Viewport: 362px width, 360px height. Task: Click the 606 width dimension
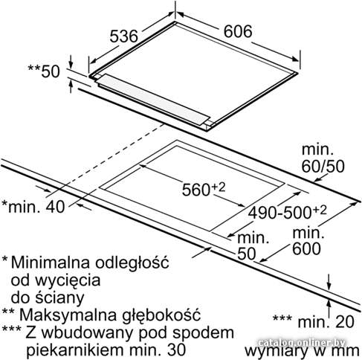[238, 31]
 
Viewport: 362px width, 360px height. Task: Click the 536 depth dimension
[123, 36]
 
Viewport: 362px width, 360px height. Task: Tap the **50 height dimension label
[44, 71]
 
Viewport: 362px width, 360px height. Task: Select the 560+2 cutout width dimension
[204, 190]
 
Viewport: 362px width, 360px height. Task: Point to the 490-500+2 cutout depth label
[287, 212]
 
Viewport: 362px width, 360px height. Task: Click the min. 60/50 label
[323, 158]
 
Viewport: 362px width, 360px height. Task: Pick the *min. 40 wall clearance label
[33, 207]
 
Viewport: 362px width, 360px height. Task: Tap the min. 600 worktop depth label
[307, 241]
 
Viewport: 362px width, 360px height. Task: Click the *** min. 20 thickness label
[314, 322]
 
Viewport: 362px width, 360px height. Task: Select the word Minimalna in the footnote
[51, 262]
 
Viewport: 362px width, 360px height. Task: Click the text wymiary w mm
[302, 351]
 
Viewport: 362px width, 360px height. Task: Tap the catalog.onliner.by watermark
[301, 343]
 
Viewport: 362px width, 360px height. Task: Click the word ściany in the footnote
[59, 298]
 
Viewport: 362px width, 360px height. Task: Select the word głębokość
[161, 315]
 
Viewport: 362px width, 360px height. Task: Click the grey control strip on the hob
[155, 99]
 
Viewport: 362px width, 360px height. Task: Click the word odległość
[132, 263]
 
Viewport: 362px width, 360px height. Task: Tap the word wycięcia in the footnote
[68, 281]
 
